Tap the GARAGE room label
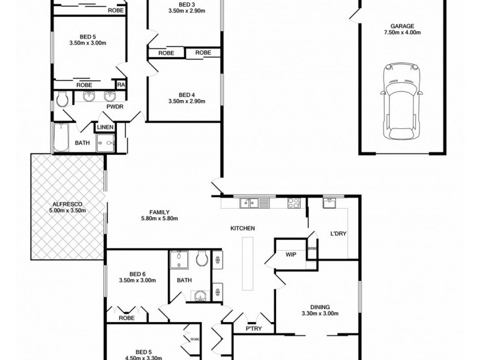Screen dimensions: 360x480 click(x=402, y=26)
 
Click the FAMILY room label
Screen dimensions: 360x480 click(x=159, y=212)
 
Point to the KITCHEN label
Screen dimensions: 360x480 click(x=243, y=229)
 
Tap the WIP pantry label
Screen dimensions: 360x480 click(x=291, y=254)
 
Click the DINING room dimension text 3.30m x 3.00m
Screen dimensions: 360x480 click(x=320, y=313)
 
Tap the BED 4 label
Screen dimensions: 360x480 click(x=187, y=94)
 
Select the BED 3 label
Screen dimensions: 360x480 click(x=187, y=5)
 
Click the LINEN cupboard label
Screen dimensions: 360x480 click(x=105, y=127)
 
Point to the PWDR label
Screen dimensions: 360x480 click(x=114, y=107)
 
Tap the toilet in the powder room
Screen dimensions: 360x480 click(x=62, y=98)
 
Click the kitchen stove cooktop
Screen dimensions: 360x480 click(x=293, y=203)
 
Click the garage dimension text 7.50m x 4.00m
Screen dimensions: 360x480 click(x=402, y=33)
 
